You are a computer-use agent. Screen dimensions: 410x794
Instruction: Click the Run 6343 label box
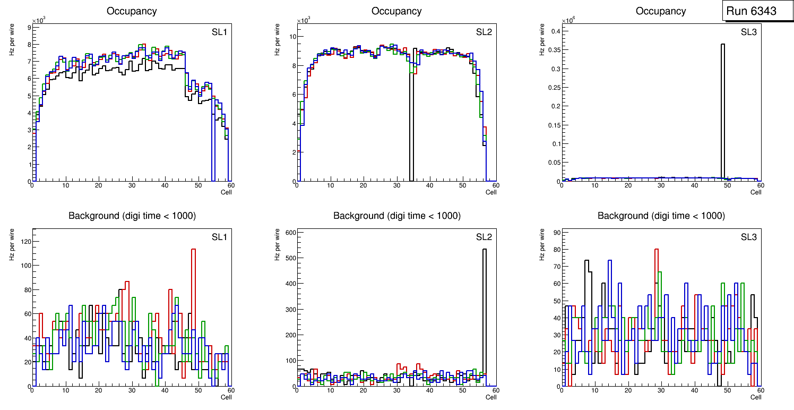point(751,11)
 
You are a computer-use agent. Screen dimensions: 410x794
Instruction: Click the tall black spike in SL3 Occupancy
point(723,106)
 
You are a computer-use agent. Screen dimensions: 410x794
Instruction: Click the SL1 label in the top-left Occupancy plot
point(219,33)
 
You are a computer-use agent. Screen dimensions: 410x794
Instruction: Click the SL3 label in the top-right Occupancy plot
point(749,33)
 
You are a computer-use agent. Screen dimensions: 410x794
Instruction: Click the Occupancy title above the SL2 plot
point(396,11)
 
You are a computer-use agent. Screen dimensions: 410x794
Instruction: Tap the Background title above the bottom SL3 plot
point(661,216)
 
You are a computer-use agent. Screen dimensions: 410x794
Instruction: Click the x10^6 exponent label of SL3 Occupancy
point(568,21)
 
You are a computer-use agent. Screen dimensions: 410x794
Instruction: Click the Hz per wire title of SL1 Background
point(12,243)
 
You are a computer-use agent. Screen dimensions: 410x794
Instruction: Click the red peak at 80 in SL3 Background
point(657,250)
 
